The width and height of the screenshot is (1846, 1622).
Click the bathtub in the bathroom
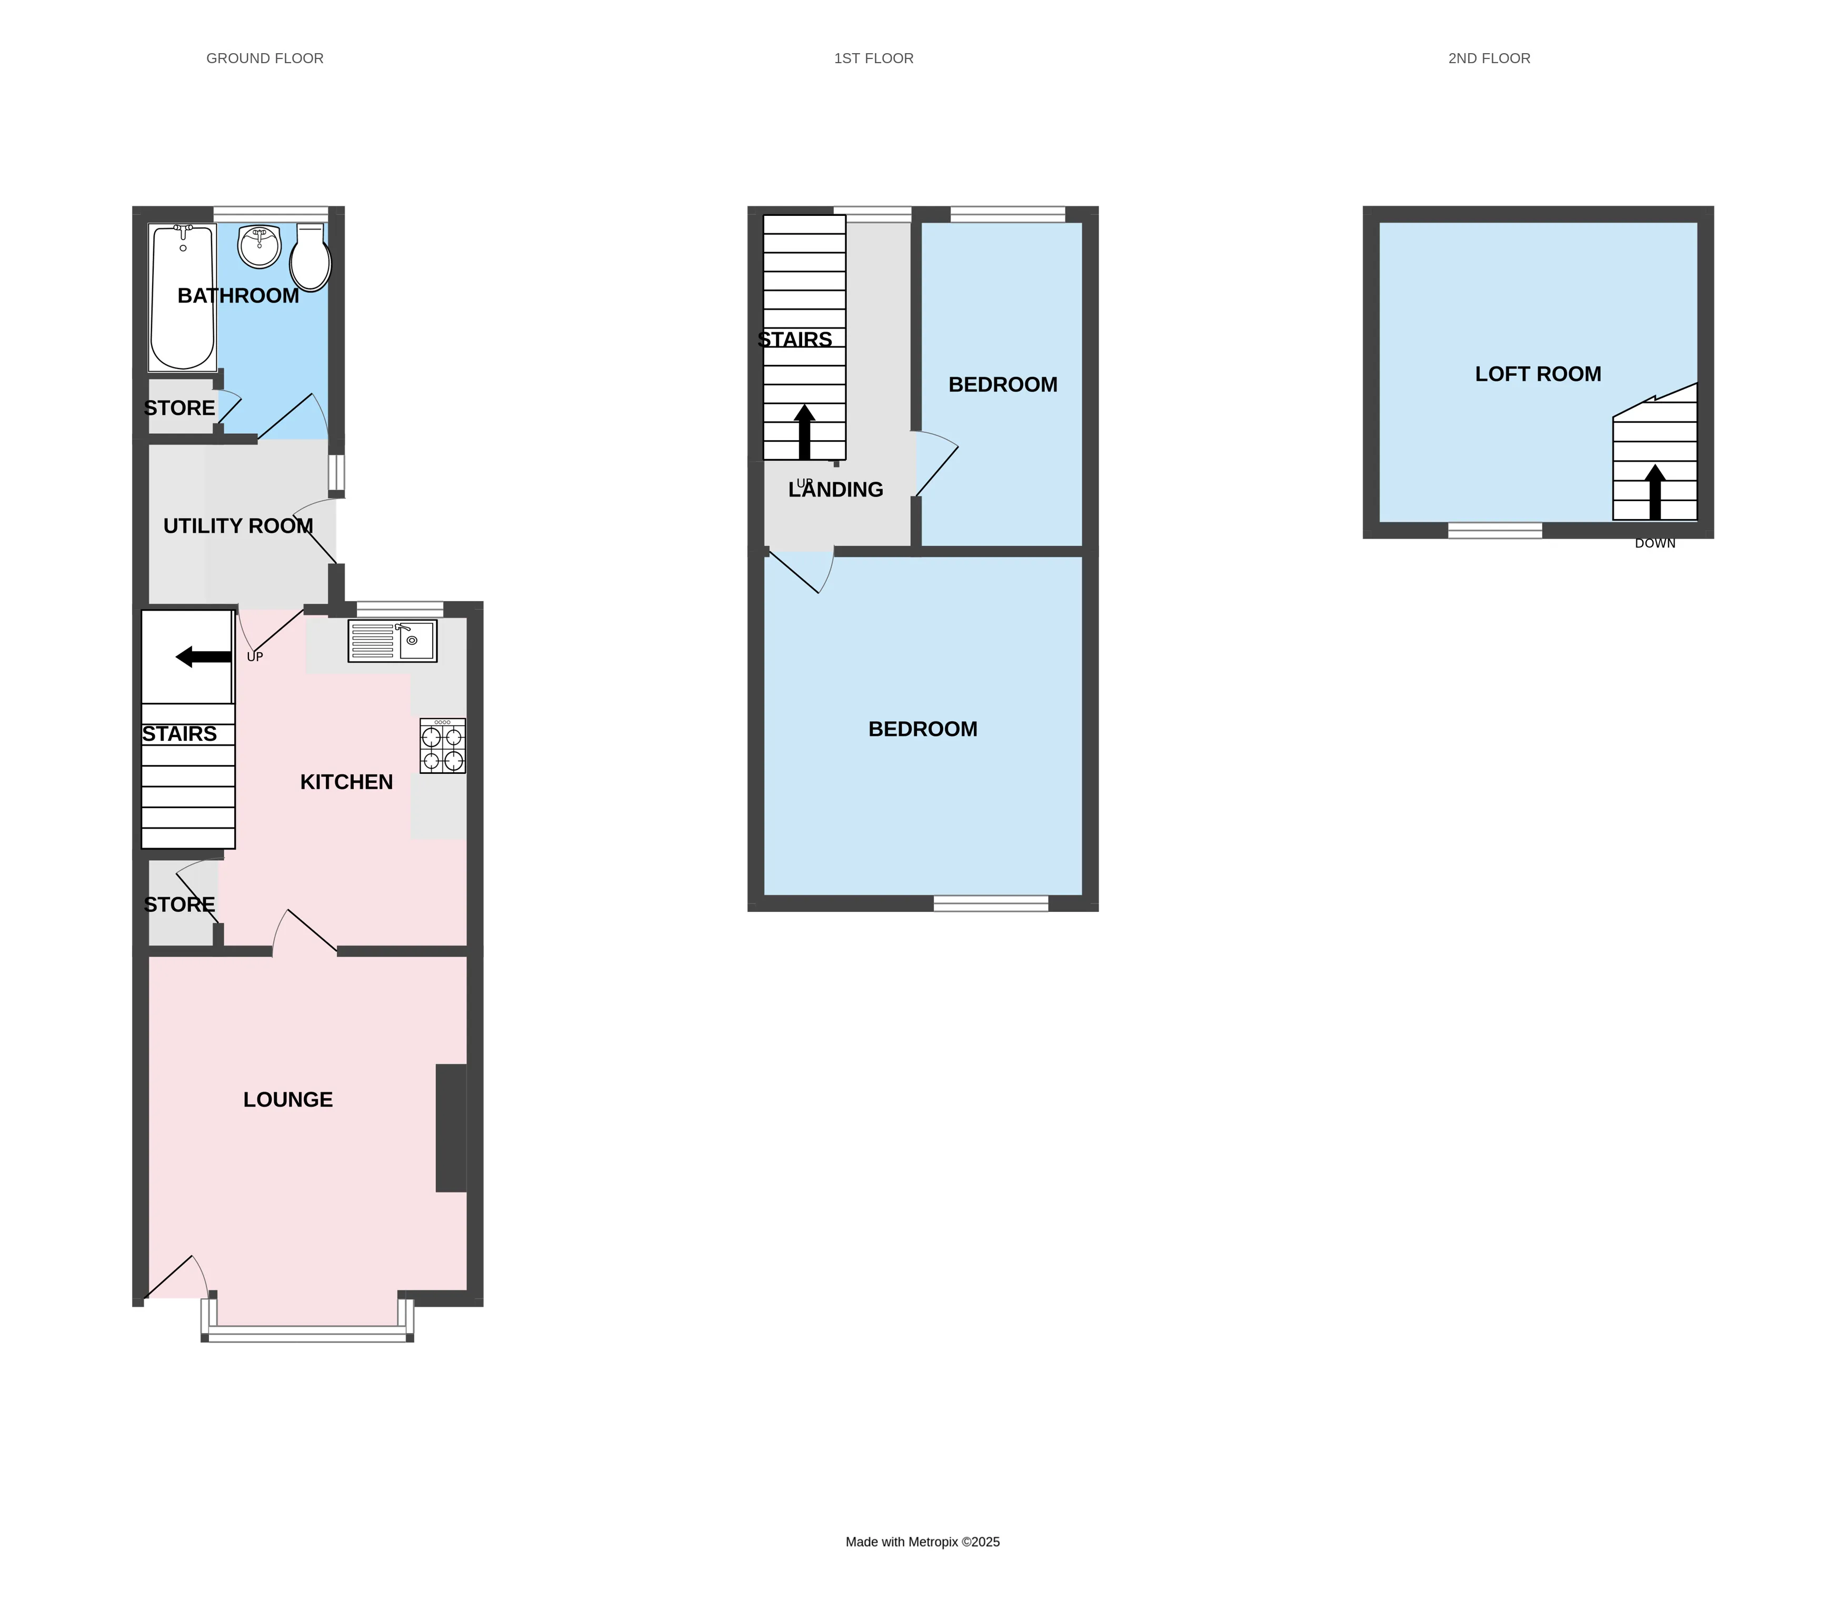(183, 298)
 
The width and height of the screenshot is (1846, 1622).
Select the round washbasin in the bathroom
(259, 246)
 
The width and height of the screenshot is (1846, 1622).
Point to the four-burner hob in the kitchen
(443, 746)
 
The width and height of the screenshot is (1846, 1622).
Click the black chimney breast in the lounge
(451, 1128)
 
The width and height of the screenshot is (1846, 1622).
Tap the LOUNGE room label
(288, 1099)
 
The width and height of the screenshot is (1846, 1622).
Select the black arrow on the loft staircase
(1654, 492)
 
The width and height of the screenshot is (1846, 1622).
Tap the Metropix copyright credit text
(922, 1541)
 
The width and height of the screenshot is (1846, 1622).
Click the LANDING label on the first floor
(835, 490)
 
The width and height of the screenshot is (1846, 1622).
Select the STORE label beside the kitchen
(179, 904)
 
